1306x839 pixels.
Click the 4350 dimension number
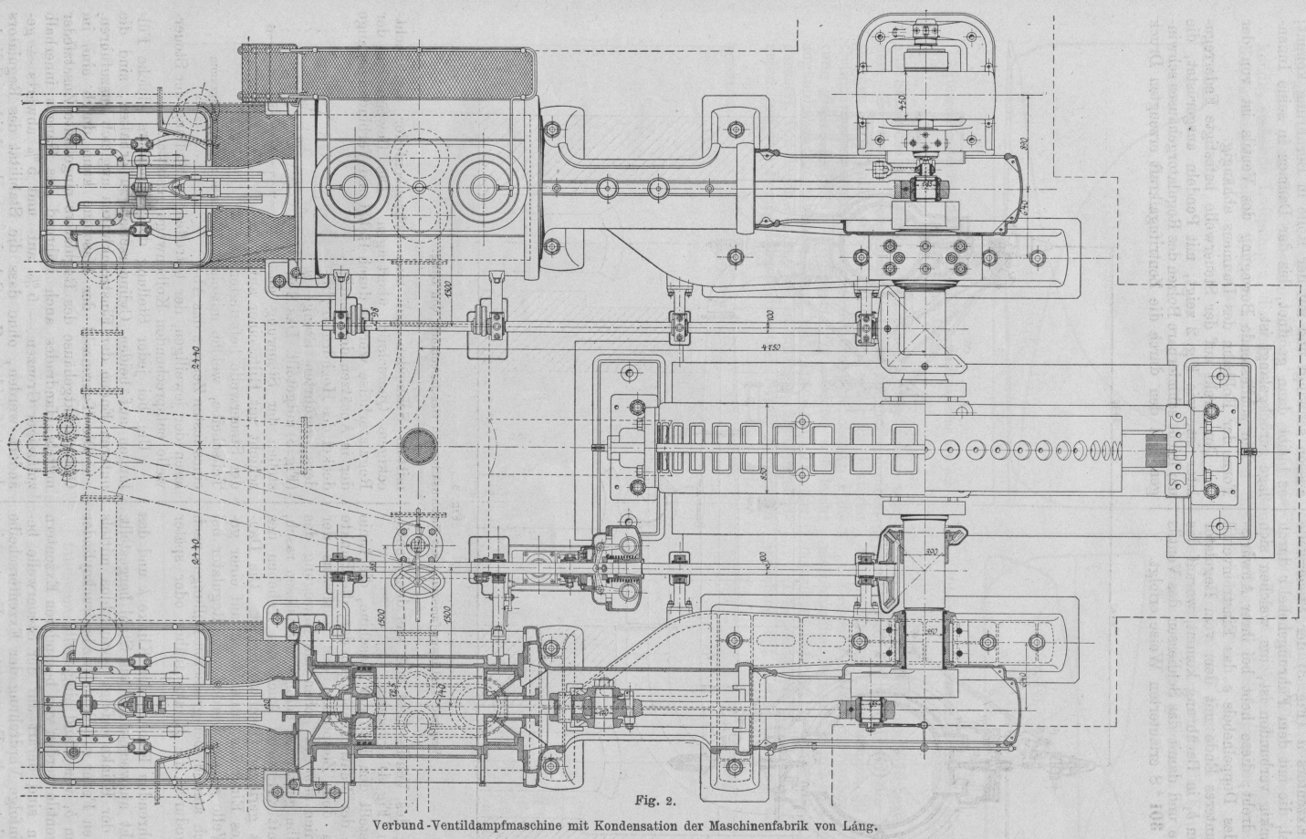[768, 348]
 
